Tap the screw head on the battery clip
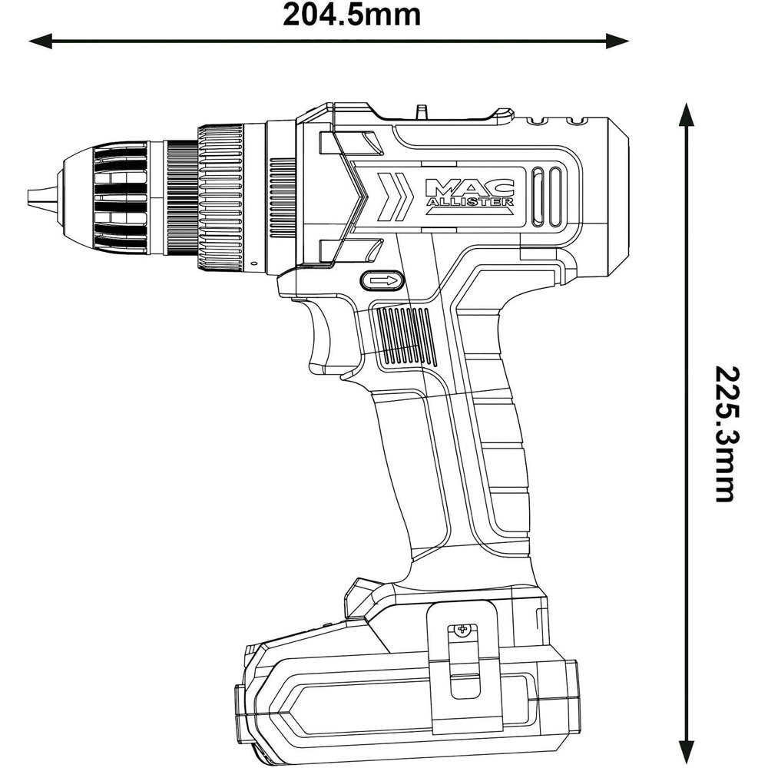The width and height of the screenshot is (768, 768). click(x=462, y=630)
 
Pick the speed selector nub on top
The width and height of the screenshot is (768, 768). click(x=421, y=112)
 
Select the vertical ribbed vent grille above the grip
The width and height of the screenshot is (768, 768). click(x=403, y=336)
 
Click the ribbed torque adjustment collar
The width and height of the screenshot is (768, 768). click(x=221, y=198)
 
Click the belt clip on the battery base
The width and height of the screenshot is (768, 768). click(x=461, y=660)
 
